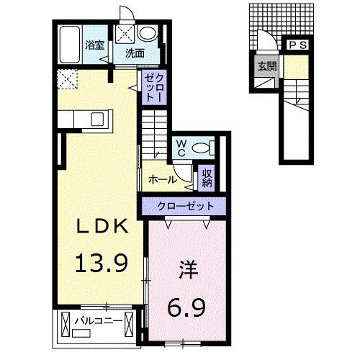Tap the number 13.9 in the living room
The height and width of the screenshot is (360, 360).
pos(103,264)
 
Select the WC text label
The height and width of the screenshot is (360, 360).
pos(180,148)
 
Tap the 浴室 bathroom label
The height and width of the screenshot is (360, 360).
pos(94,45)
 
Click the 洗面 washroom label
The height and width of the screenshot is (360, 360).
pos(135,53)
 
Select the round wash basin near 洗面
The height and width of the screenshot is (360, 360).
pos(149,33)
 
